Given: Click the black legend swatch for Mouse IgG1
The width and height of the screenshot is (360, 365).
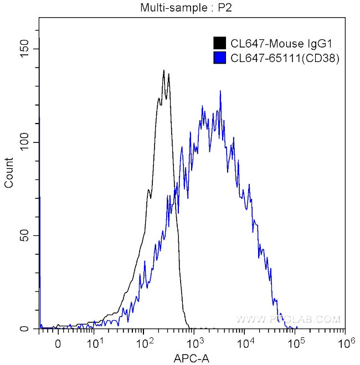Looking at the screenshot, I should (x=219, y=43).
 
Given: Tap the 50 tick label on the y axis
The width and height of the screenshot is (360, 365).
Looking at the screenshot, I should (x=25, y=236).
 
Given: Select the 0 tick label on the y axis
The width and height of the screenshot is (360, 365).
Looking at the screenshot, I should (x=28, y=329).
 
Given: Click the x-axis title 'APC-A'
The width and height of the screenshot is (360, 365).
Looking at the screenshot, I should (x=193, y=358).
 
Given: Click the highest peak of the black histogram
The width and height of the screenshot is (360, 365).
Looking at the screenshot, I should (x=164, y=70).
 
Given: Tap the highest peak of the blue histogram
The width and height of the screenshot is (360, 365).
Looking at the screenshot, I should (x=220, y=91).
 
